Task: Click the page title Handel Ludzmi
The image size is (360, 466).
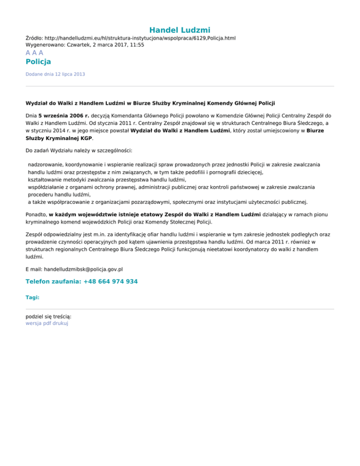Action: (x=180, y=30)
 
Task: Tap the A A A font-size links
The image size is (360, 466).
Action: (x=35, y=53)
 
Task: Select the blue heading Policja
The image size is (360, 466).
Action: (x=38, y=61)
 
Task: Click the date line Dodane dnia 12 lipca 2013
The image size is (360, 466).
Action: (x=55, y=74)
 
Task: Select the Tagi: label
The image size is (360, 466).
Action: (x=32, y=297)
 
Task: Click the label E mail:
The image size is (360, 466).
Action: (x=34, y=269)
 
